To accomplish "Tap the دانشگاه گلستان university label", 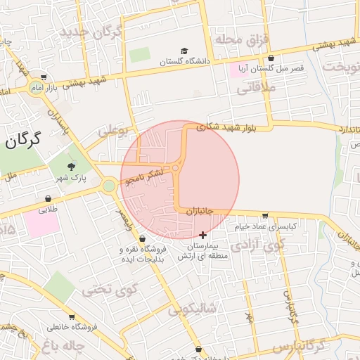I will click(x=185, y=62).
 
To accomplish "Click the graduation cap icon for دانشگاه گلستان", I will click(x=184, y=51).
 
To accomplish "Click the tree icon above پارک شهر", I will click(x=71, y=167).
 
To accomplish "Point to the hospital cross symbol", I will click(x=203, y=234).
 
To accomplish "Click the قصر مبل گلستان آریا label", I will click(x=269, y=69).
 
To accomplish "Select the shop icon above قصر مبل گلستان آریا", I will click(x=271, y=58).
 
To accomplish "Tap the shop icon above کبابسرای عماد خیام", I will click(x=264, y=215).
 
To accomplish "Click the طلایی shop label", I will click(x=47, y=209).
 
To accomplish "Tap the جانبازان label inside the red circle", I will click(x=205, y=210).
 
